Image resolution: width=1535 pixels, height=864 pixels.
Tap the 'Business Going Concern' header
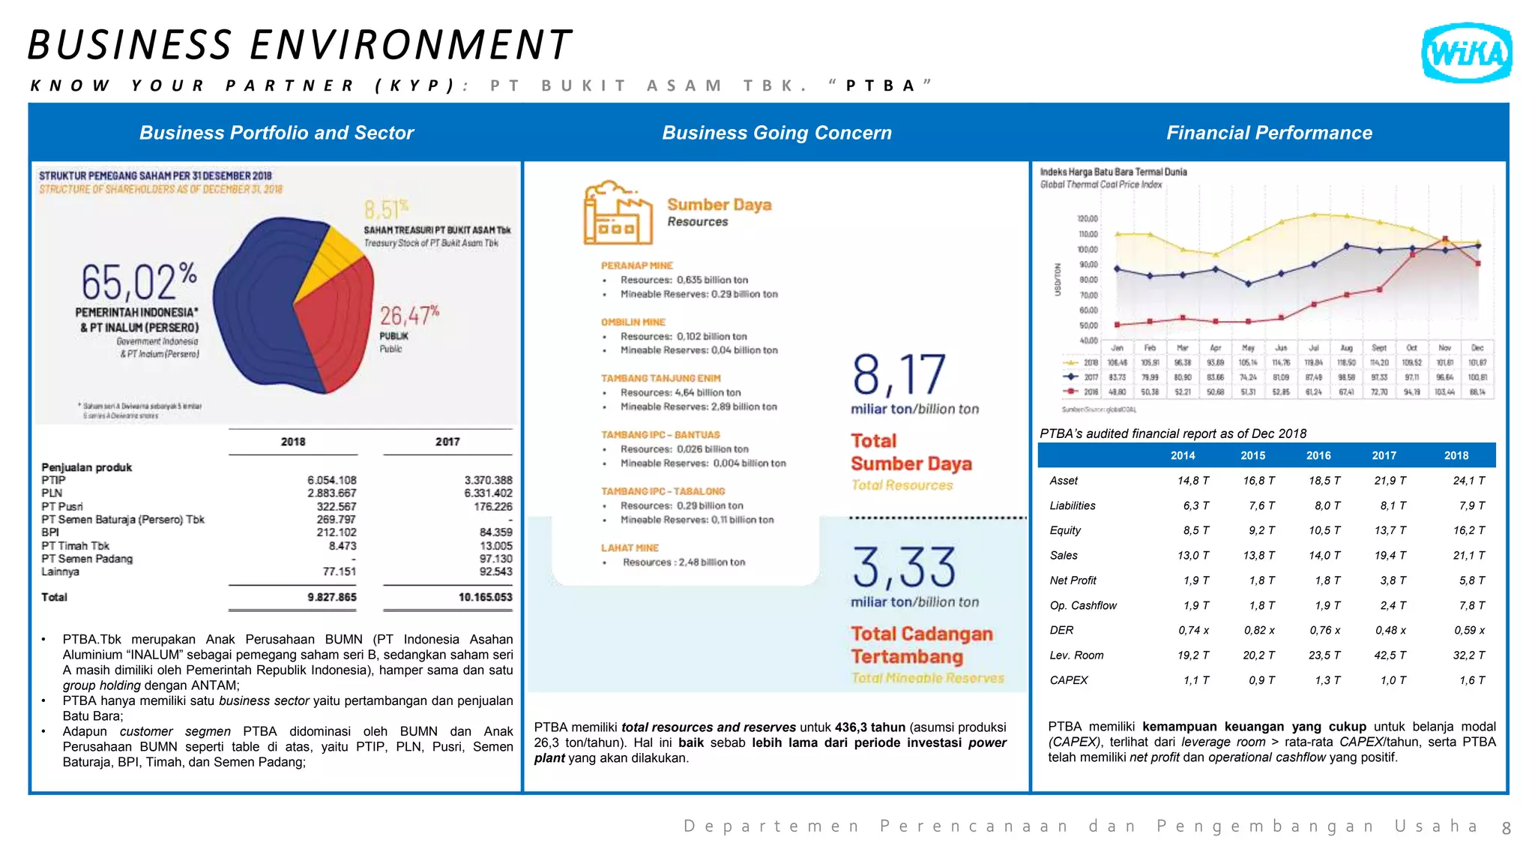pos(776,133)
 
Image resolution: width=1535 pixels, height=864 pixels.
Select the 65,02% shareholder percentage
pos(139,281)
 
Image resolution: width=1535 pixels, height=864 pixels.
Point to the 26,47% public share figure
pos(408,314)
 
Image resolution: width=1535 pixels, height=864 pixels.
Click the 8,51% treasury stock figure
pos(387,208)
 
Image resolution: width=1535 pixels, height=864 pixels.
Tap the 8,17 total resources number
pos(899,375)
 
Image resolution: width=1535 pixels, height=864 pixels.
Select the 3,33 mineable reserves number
pos(904,568)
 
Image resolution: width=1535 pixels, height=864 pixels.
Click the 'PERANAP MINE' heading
pos(636,265)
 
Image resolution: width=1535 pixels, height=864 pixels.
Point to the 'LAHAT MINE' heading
pos(630,547)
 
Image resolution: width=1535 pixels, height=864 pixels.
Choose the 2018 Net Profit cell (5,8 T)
pos(1468,580)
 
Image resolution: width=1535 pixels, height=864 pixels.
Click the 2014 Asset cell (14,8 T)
pos(1192,481)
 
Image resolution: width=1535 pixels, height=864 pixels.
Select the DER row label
pos(1061,630)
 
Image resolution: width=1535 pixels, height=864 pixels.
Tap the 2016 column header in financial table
pos(1318,455)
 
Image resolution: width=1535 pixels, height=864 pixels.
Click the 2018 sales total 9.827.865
pos(331,597)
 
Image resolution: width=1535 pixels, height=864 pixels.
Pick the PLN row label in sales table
pos(52,493)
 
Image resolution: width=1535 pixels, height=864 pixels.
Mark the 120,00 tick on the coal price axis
pos(1087,219)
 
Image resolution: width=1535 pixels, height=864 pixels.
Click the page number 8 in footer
pos(1506,828)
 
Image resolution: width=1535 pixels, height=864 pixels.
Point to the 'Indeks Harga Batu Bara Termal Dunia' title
pos(1113,172)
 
